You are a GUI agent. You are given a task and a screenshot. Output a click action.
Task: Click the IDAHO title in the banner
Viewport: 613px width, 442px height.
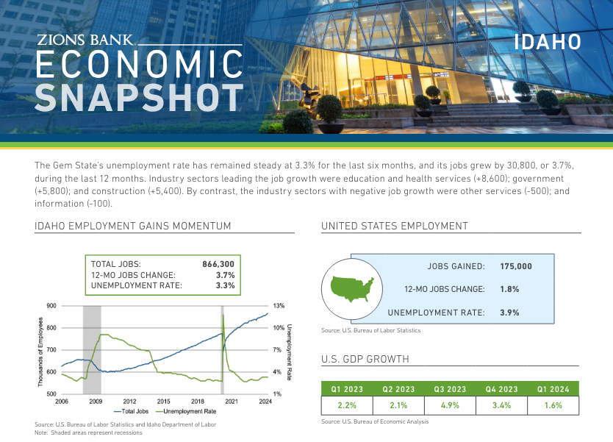coord(547,42)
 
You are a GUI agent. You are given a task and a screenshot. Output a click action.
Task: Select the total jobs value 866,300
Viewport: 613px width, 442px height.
coord(218,263)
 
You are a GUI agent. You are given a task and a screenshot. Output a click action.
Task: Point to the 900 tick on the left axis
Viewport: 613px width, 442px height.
coord(51,305)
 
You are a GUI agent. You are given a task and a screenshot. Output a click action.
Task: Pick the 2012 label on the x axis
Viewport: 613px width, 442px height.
coord(129,401)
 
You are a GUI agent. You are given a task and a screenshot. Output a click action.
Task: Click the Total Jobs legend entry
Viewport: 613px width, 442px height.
coord(133,412)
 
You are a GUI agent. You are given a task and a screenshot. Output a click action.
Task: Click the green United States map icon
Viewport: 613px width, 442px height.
coord(352,288)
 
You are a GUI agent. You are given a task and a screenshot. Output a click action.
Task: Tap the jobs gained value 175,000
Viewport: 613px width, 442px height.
coord(515,266)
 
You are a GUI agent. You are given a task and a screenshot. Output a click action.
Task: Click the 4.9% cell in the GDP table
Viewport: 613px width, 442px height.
coord(451,405)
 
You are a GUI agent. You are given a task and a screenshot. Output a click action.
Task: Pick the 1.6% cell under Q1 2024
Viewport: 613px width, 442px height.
coord(553,405)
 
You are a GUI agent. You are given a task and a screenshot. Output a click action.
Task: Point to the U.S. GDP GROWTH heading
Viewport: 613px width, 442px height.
coord(365,360)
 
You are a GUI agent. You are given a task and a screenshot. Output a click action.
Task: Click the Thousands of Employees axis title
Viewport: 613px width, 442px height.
coord(40,349)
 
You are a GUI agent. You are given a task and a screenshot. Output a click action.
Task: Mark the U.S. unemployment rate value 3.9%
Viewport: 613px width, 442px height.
coord(509,313)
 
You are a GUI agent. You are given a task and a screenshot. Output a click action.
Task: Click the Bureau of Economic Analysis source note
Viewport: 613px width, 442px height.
coord(375,422)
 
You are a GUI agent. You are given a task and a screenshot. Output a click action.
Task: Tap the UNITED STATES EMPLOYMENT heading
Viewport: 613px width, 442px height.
coord(394,227)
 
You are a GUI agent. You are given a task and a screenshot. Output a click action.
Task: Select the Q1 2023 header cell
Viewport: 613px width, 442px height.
coord(347,389)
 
